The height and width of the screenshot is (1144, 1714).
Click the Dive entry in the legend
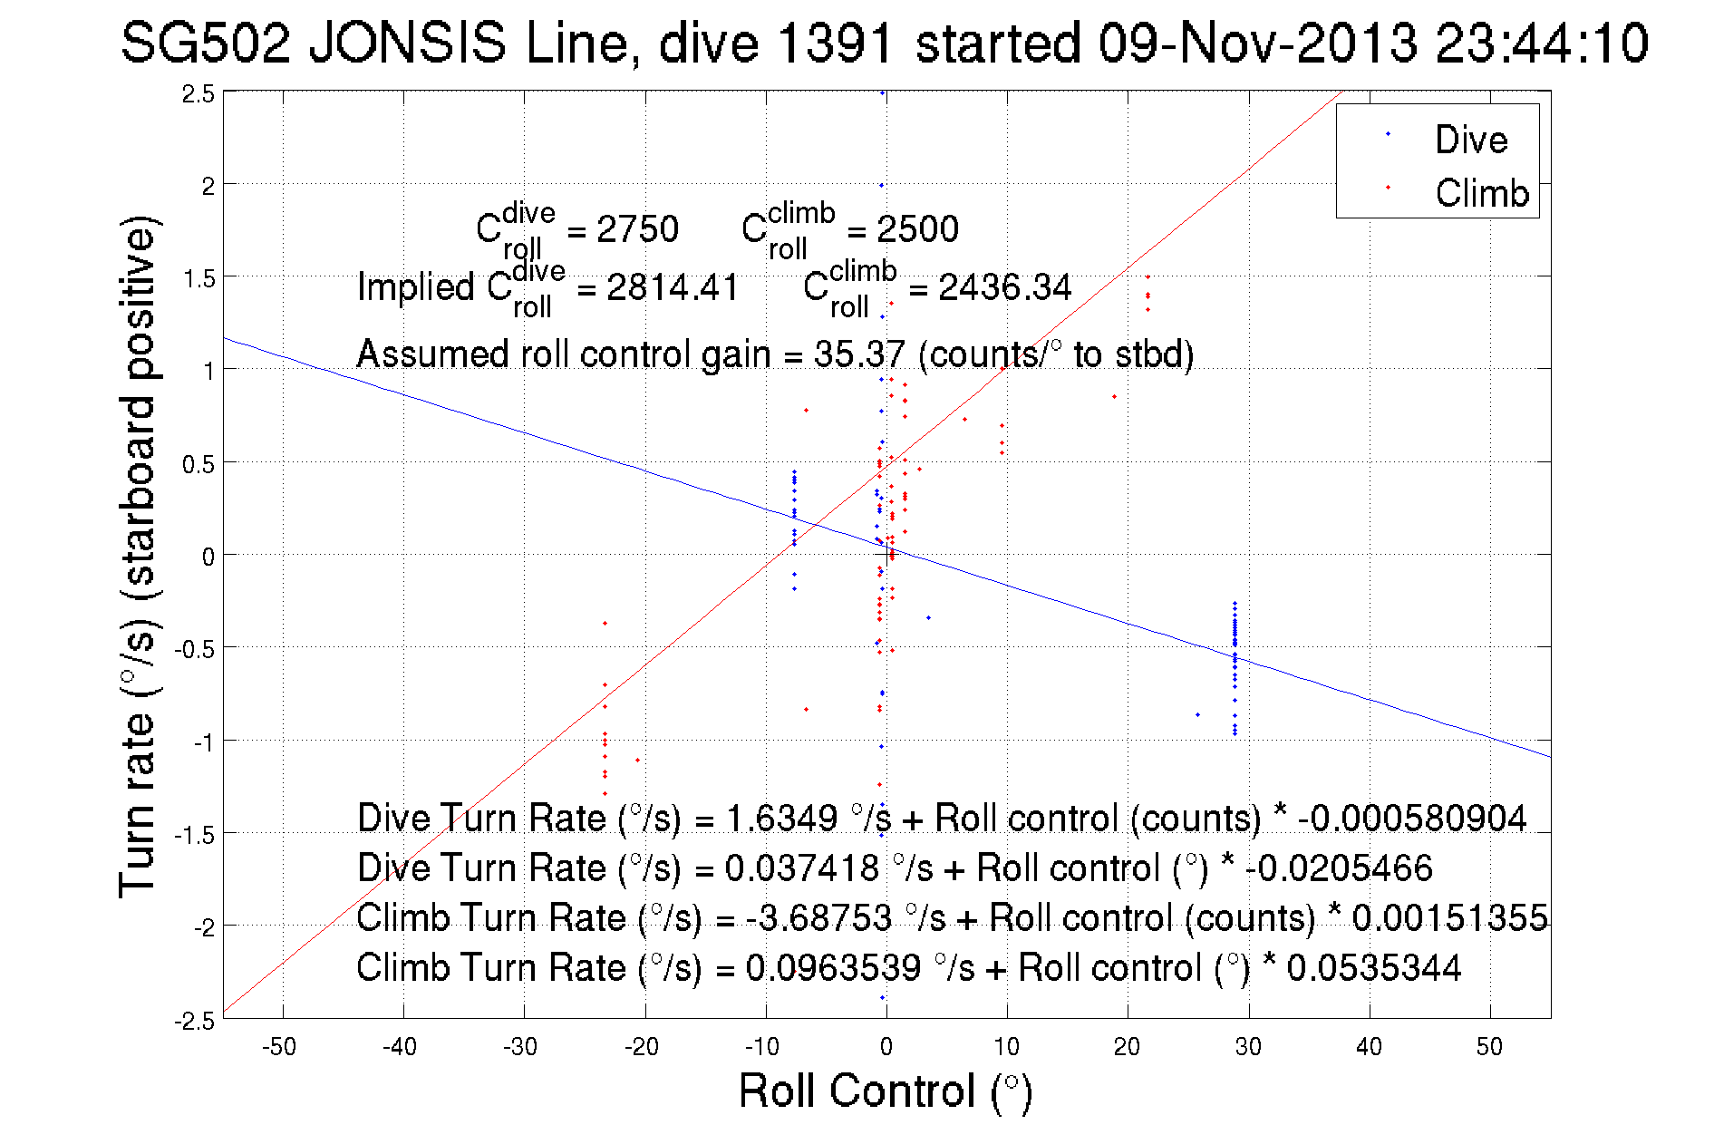click(x=1470, y=140)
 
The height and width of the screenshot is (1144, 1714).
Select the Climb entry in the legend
click(x=1481, y=193)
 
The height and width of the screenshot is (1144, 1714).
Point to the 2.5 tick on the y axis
click(x=199, y=94)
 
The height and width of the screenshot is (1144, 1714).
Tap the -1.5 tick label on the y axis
click(x=195, y=835)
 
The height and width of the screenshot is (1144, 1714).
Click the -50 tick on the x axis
click(x=279, y=1047)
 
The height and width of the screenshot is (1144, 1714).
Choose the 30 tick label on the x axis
click(x=1248, y=1047)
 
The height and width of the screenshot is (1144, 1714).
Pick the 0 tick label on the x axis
click(x=886, y=1047)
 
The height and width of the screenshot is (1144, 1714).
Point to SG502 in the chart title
click(x=206, y=43)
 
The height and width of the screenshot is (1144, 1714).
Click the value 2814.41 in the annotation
click(x=673, y=287)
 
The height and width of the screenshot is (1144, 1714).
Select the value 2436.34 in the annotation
click(x=1004, y=287)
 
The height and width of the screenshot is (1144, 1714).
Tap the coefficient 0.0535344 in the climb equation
click(x=1373, y=967)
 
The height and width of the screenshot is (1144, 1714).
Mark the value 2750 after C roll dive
click(x=637, y=229)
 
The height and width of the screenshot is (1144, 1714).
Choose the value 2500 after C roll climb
click(x=917, y=229)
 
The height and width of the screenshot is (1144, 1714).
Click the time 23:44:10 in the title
click(x=1542, y=43)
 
